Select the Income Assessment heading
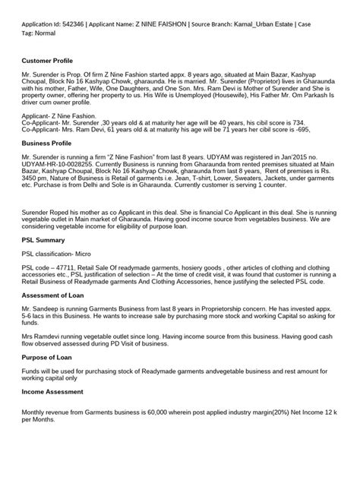55,392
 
